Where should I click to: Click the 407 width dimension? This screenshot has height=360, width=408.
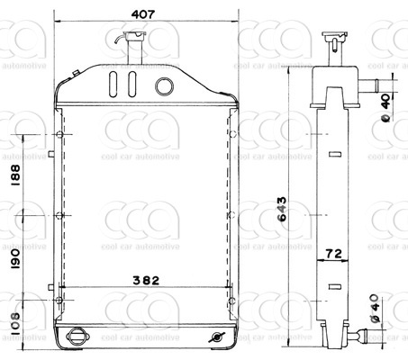pos(143,14)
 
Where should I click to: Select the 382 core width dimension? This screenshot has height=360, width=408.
pos(146,281)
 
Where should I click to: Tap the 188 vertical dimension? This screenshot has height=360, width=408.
pos(15,175)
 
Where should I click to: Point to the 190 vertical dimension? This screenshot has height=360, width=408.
pos(15,258)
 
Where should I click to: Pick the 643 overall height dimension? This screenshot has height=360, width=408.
pos(282,209)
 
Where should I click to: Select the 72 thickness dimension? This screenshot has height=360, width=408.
pos(333,254)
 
